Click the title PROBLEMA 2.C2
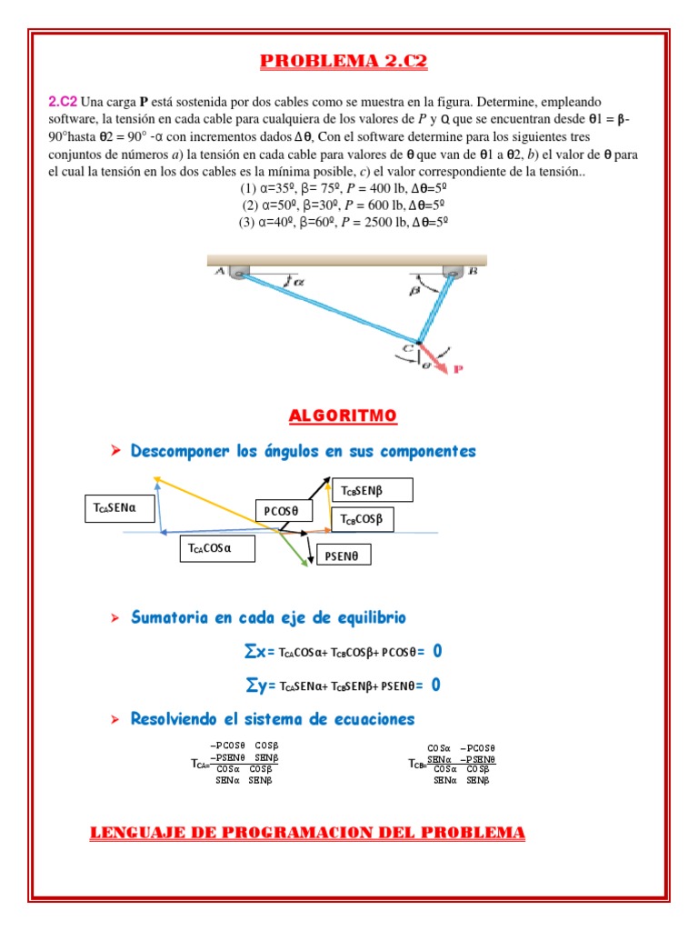coord(344,62)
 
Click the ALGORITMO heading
coord(343,416)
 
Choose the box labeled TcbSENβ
coord(373,491)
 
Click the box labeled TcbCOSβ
coord(364,520)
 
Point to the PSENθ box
coord(343,554)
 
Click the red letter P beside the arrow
coord(458,369)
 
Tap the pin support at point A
coord(238,272)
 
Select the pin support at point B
coord(453,272)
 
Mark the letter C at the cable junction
coord(410,347)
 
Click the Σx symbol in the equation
coord(254,652)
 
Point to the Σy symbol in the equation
coord(254,685)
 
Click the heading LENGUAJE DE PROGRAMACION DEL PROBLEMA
coord(307,833)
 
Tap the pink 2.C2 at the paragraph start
coord(63,102)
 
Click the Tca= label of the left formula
coord(200,764)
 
